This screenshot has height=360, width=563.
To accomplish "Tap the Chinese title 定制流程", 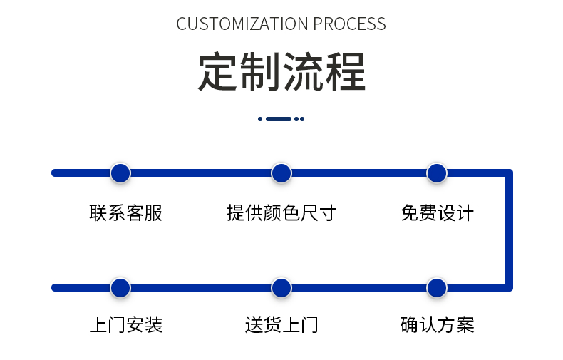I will (x=281, y=71).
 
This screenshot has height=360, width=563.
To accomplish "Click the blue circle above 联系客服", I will (x=120, y=173).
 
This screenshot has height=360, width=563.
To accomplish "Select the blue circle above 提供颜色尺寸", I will (x=281, y=173).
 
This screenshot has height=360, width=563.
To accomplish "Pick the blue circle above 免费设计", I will (x=436, y=173).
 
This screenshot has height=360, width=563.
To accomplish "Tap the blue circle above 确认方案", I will (x=436, y=288).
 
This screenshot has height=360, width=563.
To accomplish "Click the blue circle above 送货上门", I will (x=281, y=288).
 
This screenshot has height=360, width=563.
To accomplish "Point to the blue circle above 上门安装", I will (x=120, y=288).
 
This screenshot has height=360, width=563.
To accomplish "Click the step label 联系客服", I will (x=126, y=212).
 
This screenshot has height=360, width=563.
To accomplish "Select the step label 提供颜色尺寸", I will (x=281, y=212).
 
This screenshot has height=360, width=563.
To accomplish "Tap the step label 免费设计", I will (x=437, y=212).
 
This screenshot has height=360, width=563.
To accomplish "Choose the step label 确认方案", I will (x=437, y=326).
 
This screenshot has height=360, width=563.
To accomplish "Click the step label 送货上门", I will (x=281, y=326).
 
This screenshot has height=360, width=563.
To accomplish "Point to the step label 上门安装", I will (x=126, y=326).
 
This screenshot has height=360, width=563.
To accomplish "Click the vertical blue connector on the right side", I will (x=509, y=230).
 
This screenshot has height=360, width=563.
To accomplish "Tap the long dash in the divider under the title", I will (x=279, y=119).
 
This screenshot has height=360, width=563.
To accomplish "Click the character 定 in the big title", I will (x=217, y=71).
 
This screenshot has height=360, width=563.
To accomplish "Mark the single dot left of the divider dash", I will (x=260, y=119).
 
